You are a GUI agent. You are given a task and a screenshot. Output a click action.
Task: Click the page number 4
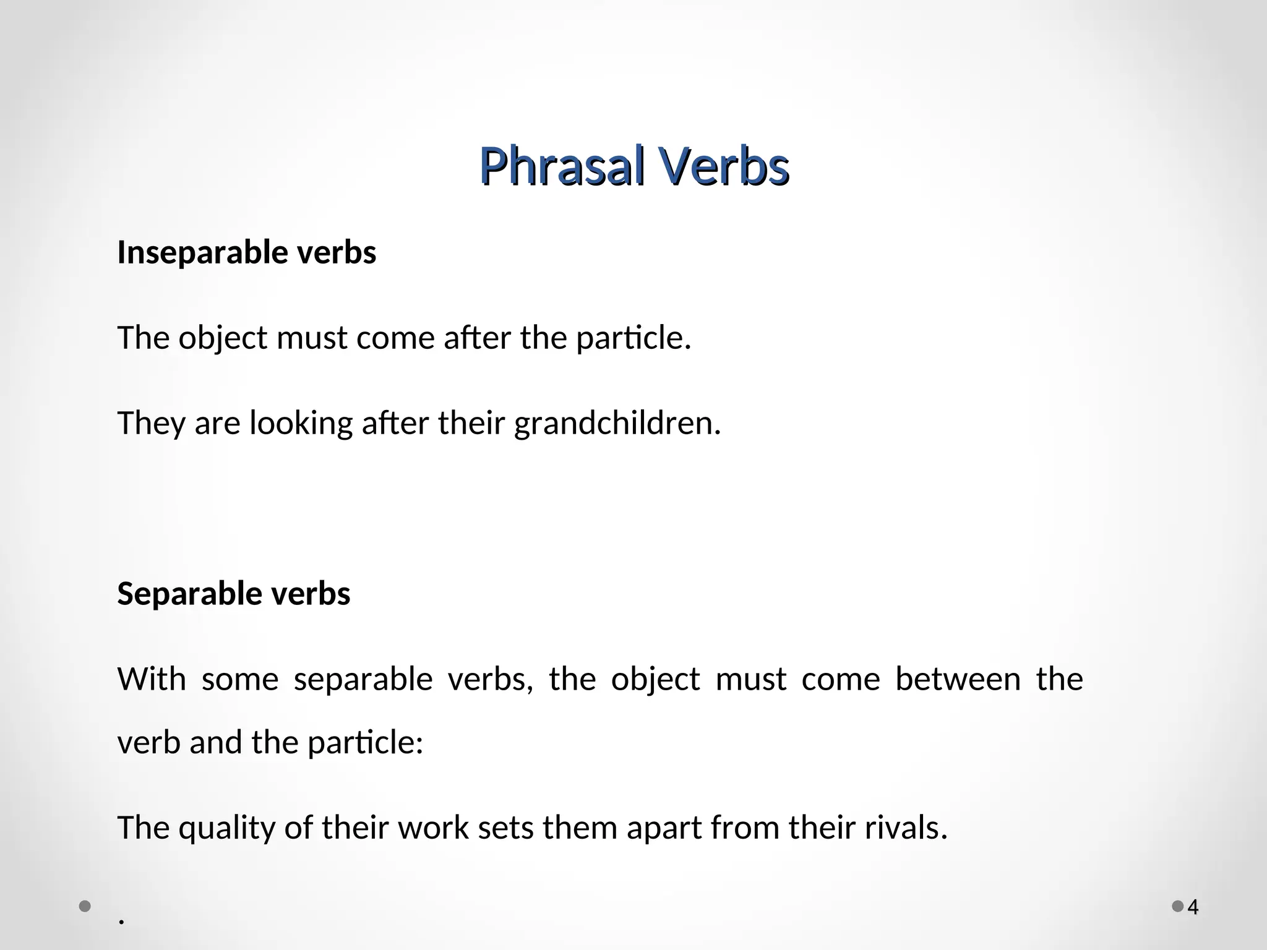(1193, 907)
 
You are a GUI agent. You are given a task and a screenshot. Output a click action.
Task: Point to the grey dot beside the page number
(1177, 907)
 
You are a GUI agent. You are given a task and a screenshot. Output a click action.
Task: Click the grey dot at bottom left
(85, 907)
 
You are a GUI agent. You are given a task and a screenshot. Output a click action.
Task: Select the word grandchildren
(617, 424)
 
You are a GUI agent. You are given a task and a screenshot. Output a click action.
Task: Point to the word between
(958, 679)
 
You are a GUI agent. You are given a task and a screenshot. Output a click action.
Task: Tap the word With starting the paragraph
(152, 679)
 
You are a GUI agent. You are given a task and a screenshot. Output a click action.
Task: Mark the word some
(240, 679)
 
